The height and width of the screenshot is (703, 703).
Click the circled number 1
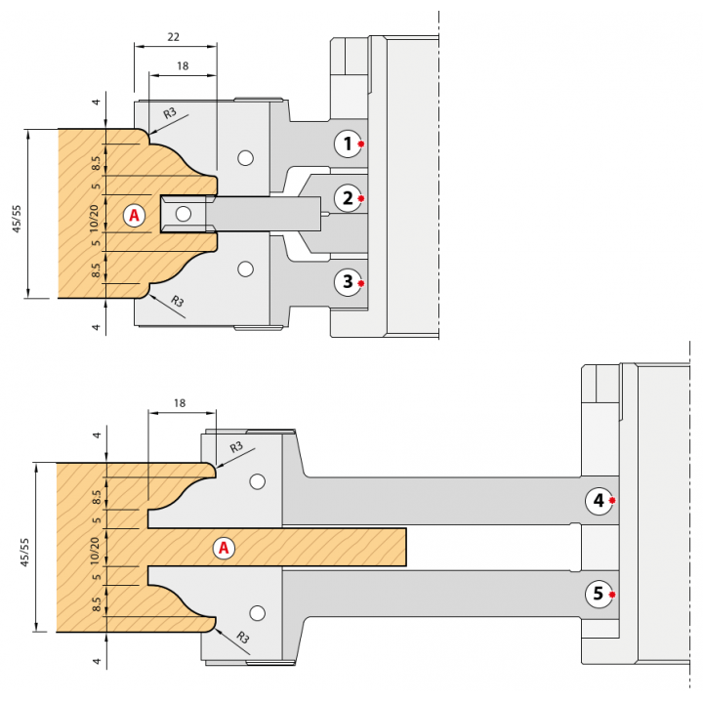[347, 144]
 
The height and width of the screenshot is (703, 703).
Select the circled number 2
[347, 199]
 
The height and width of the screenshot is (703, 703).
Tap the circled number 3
[347, 283]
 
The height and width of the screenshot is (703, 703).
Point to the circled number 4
[598, 501]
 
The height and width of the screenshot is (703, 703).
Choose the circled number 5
[598, 594]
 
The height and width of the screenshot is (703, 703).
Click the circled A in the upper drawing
[135, 214]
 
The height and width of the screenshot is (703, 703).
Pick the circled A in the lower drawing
[224, 548]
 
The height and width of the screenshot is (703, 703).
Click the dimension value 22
[173, 36]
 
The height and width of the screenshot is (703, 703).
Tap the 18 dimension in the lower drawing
[178, 402]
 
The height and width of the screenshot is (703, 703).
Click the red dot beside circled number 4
[612, 501]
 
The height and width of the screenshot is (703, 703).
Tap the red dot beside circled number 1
[361, 144]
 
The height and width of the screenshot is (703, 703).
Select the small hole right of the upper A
[183, 214]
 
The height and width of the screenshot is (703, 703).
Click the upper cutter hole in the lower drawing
[258, 481]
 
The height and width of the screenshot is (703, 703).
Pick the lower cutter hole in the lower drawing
[258, 613]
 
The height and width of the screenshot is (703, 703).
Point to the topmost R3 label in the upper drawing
[171, 113]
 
